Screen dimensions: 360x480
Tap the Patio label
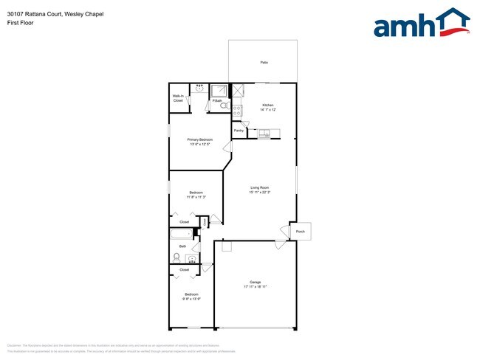click(264, 63)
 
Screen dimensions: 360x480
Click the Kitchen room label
click(267, 105)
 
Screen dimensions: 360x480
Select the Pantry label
click(239, 131)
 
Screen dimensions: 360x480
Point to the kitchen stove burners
click(237, 110)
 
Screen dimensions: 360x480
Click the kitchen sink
click(264, 134)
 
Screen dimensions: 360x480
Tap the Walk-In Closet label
click(178, 98)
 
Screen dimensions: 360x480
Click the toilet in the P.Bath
click(223, 105)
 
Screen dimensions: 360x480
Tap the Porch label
click(300, 232)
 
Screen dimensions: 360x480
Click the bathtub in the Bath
click(181, 235)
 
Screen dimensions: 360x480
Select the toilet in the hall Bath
click(177, 257)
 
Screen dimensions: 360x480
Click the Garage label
click(256, 283)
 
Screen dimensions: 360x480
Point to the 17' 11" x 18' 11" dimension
click(256, 288)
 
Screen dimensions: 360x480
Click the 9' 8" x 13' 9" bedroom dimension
click(192, 299)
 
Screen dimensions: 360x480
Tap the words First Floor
click(20, 23)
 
